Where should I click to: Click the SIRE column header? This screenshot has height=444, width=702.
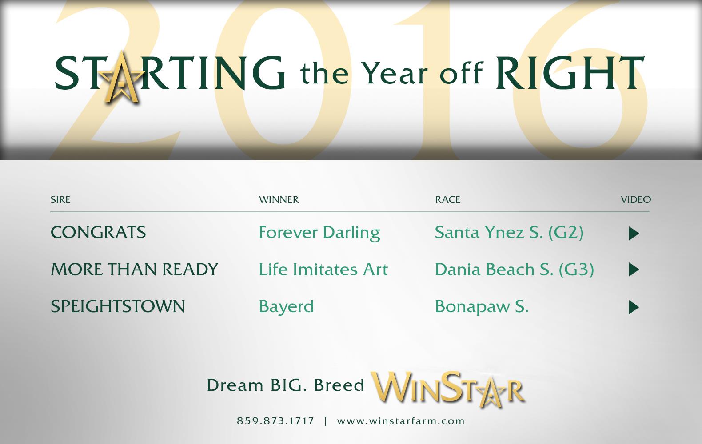[x=60, y=199]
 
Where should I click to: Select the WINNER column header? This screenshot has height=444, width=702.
[x=279, y=199]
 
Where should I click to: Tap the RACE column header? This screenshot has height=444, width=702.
[x=448, y=199]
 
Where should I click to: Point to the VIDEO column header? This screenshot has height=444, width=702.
[x=636, y=199]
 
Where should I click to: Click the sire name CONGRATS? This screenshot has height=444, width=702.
[x=98, y=232]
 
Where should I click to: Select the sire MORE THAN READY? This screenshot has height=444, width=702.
[x=134, y=269]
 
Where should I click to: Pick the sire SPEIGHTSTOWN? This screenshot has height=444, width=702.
[x=118, y=306]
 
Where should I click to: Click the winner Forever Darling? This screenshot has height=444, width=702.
[x=319, y=233]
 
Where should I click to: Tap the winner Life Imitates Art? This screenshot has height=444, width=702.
[x=323, y=269]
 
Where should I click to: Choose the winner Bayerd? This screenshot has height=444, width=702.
[x=286, y=307]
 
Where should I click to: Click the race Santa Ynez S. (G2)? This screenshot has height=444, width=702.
[x=509, y=233]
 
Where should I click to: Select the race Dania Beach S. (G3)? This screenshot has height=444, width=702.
[x=514, y=270]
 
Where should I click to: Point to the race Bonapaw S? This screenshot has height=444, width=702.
[x=482, y=307]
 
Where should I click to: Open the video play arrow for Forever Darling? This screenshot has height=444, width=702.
[x=634, y=234]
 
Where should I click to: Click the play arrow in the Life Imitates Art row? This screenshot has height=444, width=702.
[x=634, y=270]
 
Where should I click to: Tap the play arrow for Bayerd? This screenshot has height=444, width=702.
[x=634, y=307]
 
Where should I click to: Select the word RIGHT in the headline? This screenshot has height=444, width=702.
[x=570, y=73]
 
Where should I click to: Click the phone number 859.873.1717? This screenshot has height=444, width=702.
[x=275, y=421]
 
